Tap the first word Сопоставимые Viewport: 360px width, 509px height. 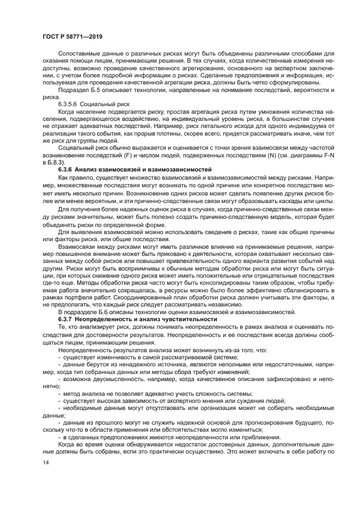coord(81,54)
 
